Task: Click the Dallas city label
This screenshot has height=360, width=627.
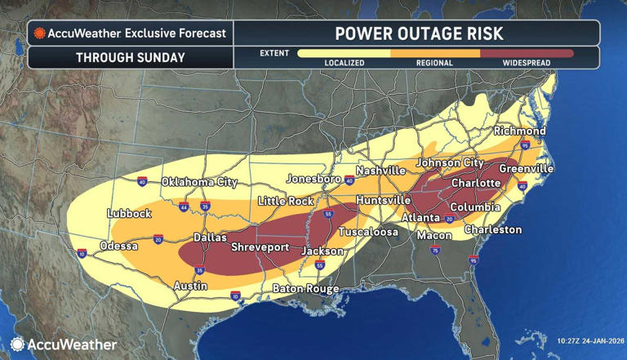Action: tap(210, 238)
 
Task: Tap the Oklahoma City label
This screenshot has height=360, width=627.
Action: tap(199, 181)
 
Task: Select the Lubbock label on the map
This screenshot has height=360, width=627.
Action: tap(129, 213)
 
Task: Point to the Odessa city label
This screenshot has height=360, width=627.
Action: tap(118, 246)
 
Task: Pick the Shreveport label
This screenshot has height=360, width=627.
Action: tap(261, 247)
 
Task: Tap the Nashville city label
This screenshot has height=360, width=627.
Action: tap(380, 171)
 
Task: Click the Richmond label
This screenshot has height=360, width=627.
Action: tap(519, 131)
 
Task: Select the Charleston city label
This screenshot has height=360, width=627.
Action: tap(492, 230)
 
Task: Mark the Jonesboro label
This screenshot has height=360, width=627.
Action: tap(313, 179)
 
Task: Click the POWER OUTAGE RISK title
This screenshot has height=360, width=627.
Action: tap(419, 33)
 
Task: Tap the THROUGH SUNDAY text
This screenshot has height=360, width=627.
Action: tap(131, 58)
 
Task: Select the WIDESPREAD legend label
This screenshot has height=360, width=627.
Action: tap(526, 62)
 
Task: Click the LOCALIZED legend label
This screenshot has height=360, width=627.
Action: tap(344, 62)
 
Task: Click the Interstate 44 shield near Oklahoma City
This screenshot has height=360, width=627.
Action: tap(185, 208)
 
